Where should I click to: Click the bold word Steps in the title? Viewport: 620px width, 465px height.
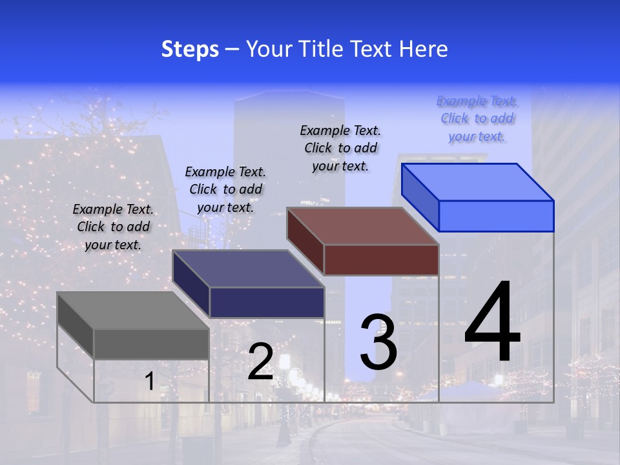190,49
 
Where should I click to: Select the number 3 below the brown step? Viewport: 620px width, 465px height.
378,342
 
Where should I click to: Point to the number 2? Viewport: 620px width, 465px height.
260,362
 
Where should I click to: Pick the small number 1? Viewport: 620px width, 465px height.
150,382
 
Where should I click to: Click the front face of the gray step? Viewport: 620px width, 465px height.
151,344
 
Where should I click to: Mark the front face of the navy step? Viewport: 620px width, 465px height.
267,302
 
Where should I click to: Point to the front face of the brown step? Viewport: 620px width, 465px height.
381,260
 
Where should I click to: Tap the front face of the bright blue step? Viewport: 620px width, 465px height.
496,216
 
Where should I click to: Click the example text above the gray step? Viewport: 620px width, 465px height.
113,227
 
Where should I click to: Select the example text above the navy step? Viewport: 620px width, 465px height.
225,189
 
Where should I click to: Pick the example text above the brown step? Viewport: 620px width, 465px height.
340,148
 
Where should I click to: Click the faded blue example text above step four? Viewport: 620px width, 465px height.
477,118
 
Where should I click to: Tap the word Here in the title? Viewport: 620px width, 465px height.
424,49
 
